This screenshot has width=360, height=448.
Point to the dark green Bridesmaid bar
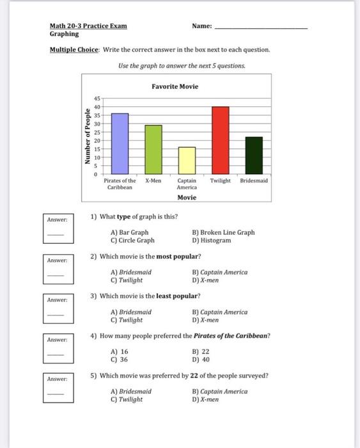click(254, 155)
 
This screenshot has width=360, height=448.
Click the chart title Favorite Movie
click(175, 86)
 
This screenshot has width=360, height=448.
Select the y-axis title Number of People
click(88, 136)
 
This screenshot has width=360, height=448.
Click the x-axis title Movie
click(187, 197)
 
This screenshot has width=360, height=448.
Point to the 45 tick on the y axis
click(97, 99)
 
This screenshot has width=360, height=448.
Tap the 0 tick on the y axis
click(97, 173)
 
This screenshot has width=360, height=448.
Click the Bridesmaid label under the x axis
click(254, 181)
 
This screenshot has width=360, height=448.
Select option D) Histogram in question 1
click(211, 241)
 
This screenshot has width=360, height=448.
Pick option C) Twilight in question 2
click(127, 280)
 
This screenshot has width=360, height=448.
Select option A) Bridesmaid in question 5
click(131, 391)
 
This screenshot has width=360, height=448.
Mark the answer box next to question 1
click(56, 233)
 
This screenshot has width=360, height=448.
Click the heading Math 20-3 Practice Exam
click(88, 26)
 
